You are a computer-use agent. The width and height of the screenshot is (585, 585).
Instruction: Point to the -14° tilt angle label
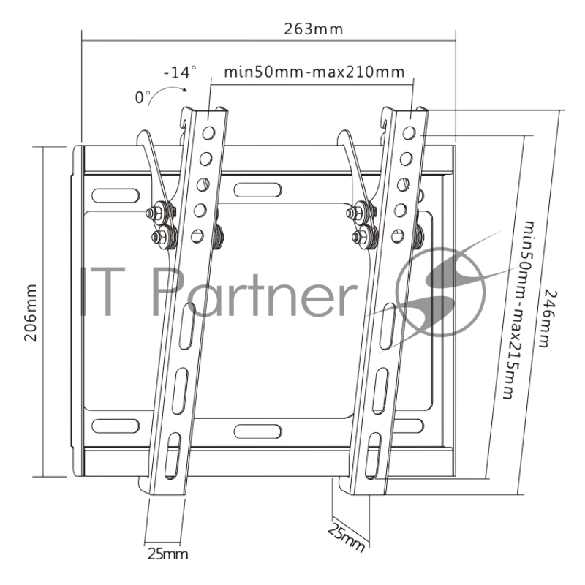[180, 72]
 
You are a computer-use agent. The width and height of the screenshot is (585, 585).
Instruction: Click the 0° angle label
[142, 96]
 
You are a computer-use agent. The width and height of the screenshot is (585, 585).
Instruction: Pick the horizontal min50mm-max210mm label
[314, 72]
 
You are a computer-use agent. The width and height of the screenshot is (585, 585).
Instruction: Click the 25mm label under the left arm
[167, 554]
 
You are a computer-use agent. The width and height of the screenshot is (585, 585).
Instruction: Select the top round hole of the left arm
[209, 132]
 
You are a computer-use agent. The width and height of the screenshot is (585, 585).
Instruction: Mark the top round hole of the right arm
[409, 133]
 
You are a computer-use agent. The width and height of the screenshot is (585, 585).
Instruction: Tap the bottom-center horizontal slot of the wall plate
[257, 430]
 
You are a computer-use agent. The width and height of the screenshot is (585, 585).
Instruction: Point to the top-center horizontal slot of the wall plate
[257, 190]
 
